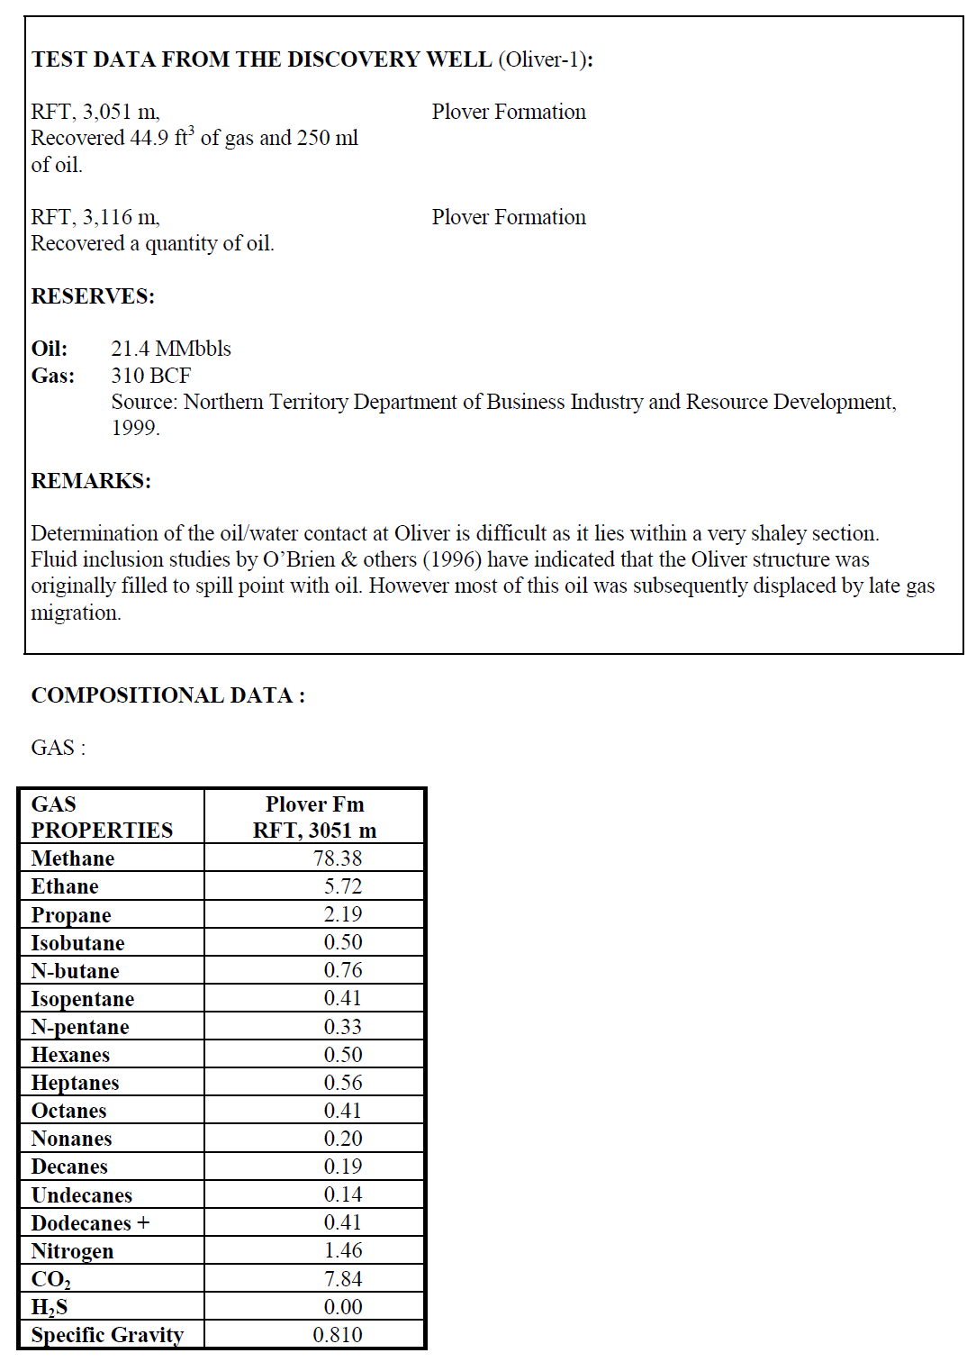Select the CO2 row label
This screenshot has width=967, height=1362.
[50, 1279]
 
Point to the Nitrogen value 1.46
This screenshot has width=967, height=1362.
[342, 1250]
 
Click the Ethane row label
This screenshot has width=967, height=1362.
[65, 886]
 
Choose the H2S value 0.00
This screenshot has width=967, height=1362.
[342, 1307]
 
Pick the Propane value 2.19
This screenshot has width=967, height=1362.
[342, 914]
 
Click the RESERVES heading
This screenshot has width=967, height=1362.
[93, 296]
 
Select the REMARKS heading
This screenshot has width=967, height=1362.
[91, 481]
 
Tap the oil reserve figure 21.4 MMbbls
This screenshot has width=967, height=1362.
[171, 349]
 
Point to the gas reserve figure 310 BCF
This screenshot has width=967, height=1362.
[150, 376]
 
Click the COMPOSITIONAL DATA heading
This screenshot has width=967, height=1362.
[167, 695]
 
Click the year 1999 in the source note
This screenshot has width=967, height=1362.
[135, 428]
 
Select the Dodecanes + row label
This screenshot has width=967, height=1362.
[90, 1223]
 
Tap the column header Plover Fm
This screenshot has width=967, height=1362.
[314, 804]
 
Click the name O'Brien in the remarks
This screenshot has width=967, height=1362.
[301, 559]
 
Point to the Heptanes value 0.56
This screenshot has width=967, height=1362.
[342, 1083]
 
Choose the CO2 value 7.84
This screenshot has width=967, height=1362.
[342, 1279]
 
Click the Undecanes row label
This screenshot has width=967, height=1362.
[82, 1195]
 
